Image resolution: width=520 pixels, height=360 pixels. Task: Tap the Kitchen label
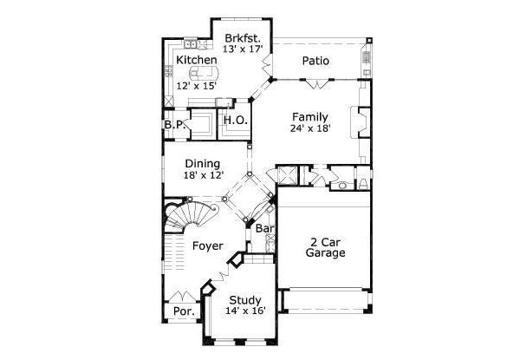point(197,59)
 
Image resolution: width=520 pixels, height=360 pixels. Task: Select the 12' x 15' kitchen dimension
point(195,86)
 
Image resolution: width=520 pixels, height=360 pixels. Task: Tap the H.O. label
point(236,121)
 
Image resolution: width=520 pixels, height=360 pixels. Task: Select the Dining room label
point(201,163)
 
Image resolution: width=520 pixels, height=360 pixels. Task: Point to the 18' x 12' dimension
point(201,175)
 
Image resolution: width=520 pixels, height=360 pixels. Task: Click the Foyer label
point(209,245)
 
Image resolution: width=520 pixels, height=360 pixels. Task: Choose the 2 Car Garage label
point(326,247)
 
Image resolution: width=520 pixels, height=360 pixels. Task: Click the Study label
point(245,301)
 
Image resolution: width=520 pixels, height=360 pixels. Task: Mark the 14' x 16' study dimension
point(245,312)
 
